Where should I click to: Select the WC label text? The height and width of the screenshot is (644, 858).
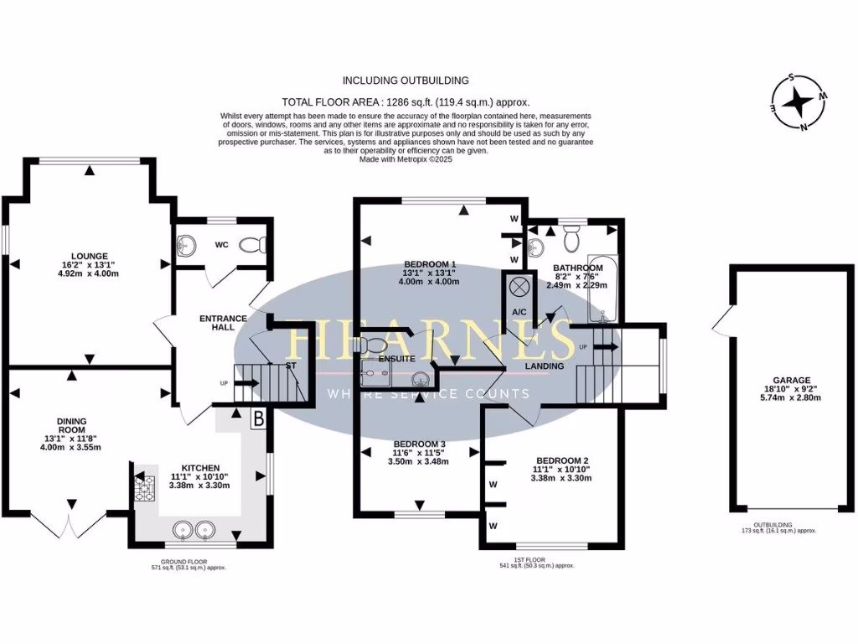click(x=222, y=246)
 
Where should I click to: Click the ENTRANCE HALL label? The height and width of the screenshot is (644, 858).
click(x=223, y=323)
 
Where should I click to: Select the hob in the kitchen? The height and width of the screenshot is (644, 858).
click(x=144, y=489)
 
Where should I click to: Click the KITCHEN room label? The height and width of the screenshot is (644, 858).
click(x=201, y=468)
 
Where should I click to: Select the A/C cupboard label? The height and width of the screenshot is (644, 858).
click(x=519, y=312)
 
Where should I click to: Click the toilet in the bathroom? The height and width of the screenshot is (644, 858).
click(x=572, y=240)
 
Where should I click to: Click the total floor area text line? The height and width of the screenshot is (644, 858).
click(x=406, y=101)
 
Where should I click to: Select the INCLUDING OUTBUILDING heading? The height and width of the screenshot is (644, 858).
click(x=406, y=80)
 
